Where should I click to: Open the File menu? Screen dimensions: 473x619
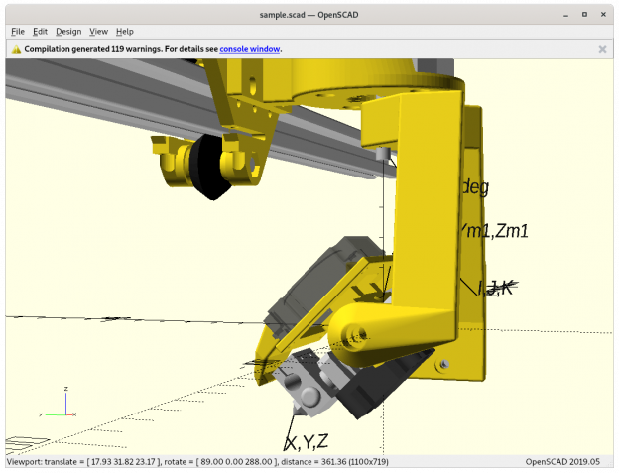click(x=18, y=32)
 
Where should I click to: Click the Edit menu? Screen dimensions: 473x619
click(x=40, y=32)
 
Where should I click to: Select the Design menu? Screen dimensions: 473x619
click(x=68, y=32)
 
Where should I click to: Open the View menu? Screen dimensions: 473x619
click(x=99, y=32)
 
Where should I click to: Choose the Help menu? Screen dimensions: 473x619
click(x=125, y=32)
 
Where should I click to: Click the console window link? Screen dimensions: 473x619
click(x=249, y=48)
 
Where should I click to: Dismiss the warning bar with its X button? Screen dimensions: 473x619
click(x=602, y=48)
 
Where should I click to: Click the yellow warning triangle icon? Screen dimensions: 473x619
click(x=16, y=48)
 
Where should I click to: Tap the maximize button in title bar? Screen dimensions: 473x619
click(x=584, y=15)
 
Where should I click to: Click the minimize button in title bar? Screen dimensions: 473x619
click(x=563, y=15)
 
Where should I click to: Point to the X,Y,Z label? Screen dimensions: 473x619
click(x=307, y=442)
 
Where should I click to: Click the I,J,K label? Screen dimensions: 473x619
click(x=494, y=288)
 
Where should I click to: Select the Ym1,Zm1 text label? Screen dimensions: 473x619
click(x=493, y=230)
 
